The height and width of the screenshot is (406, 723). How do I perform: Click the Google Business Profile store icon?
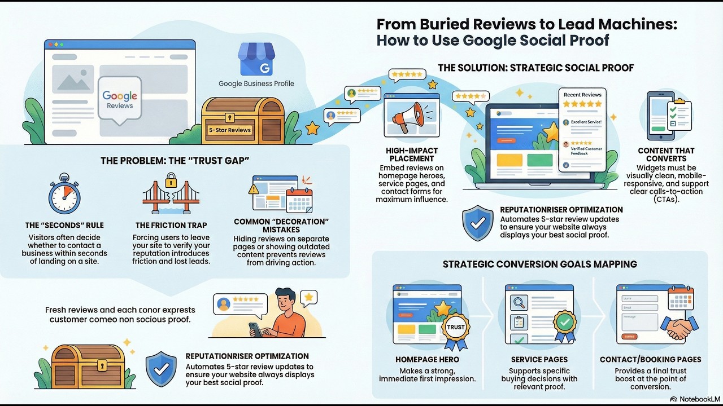point(256,59)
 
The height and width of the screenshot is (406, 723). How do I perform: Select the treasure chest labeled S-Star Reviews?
point(229,121)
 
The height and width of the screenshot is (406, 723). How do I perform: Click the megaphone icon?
point(411,117)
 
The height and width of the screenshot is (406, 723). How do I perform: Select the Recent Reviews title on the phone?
point(582,95)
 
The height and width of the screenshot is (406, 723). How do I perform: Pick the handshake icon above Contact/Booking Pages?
point(677,328)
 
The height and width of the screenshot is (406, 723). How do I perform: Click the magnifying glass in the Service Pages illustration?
point(519,302)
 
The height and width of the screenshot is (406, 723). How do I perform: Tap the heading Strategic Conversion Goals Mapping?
point(539,264)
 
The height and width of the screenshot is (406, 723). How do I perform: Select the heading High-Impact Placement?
point(411,155)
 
